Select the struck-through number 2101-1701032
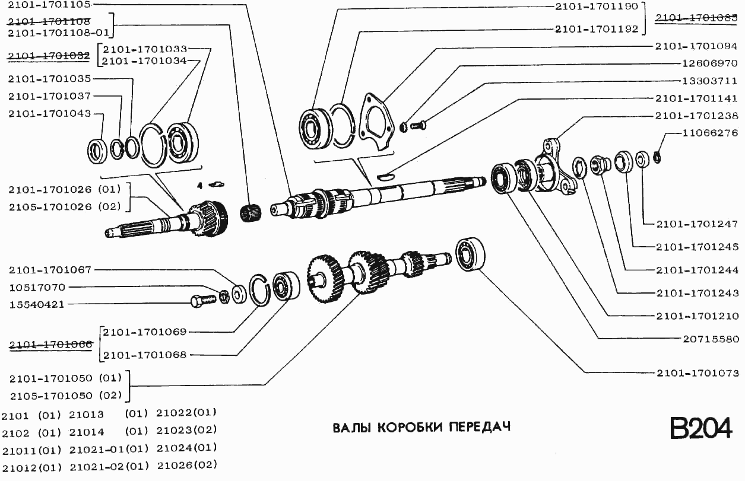49,55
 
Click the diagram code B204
700,428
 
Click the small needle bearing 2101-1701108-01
251,212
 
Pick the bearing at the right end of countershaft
471,255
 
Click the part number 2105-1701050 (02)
65,395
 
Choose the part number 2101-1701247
698,224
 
